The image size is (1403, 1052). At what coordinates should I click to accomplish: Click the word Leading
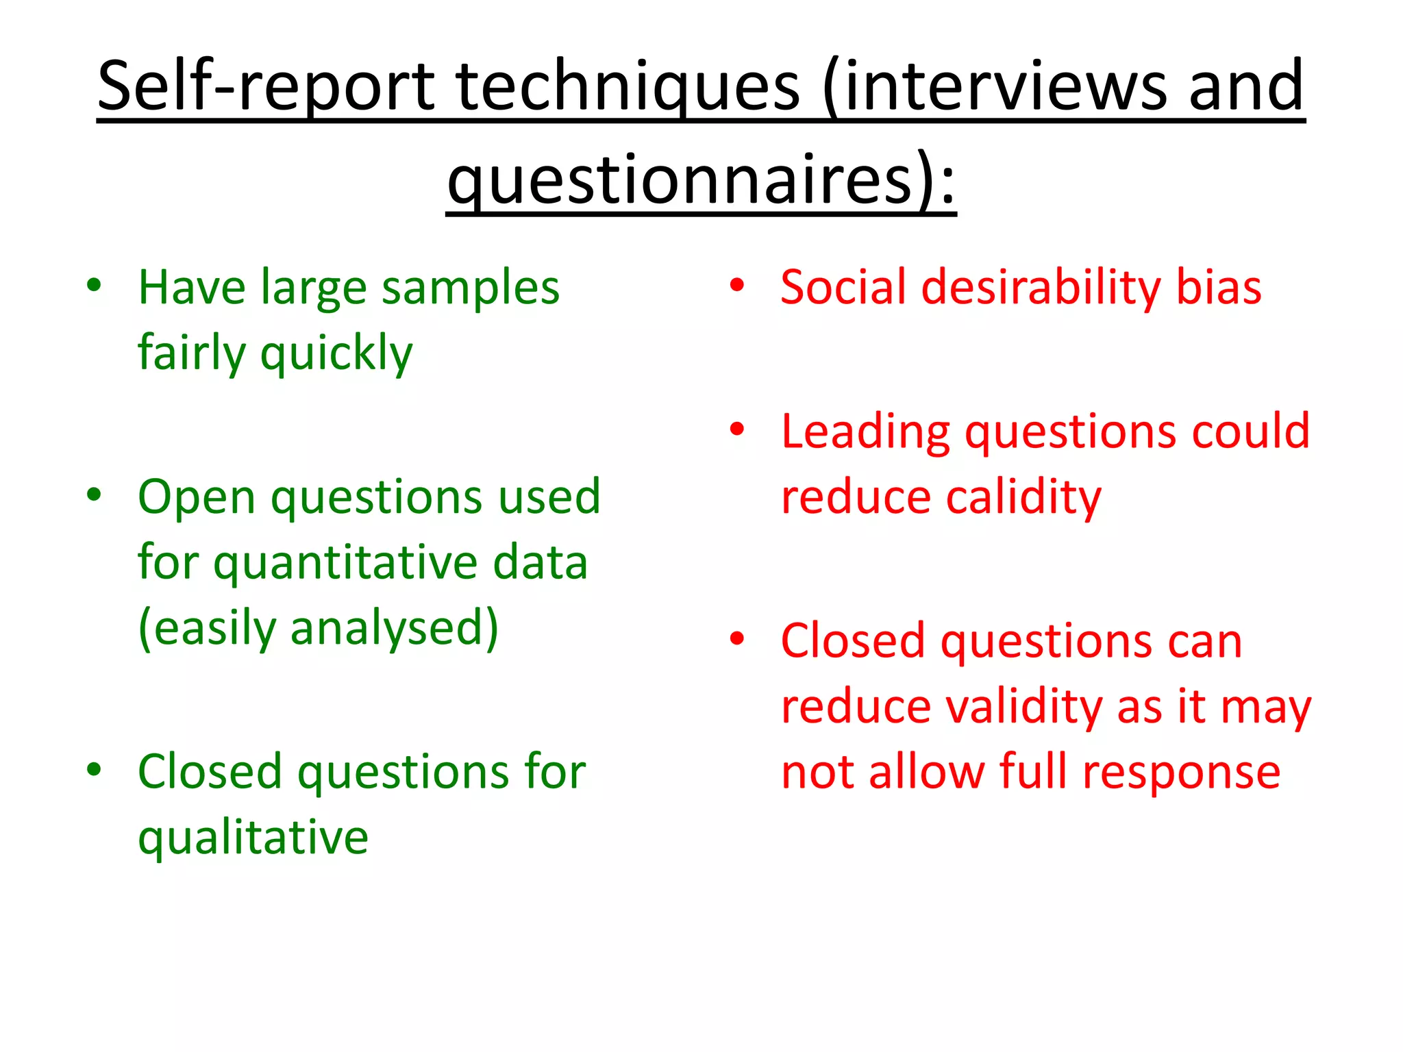pos(865,432)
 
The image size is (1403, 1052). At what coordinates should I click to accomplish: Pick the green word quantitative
pos(345,563)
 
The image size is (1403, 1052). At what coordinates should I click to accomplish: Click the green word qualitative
pos(253,838)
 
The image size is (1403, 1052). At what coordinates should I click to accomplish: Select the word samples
pos(470,288)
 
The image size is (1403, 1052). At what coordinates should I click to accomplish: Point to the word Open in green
pos(197,497)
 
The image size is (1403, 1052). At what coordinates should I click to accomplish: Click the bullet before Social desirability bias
pos(736,286)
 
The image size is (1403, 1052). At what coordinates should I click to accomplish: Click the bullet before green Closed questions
pos(94,769)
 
